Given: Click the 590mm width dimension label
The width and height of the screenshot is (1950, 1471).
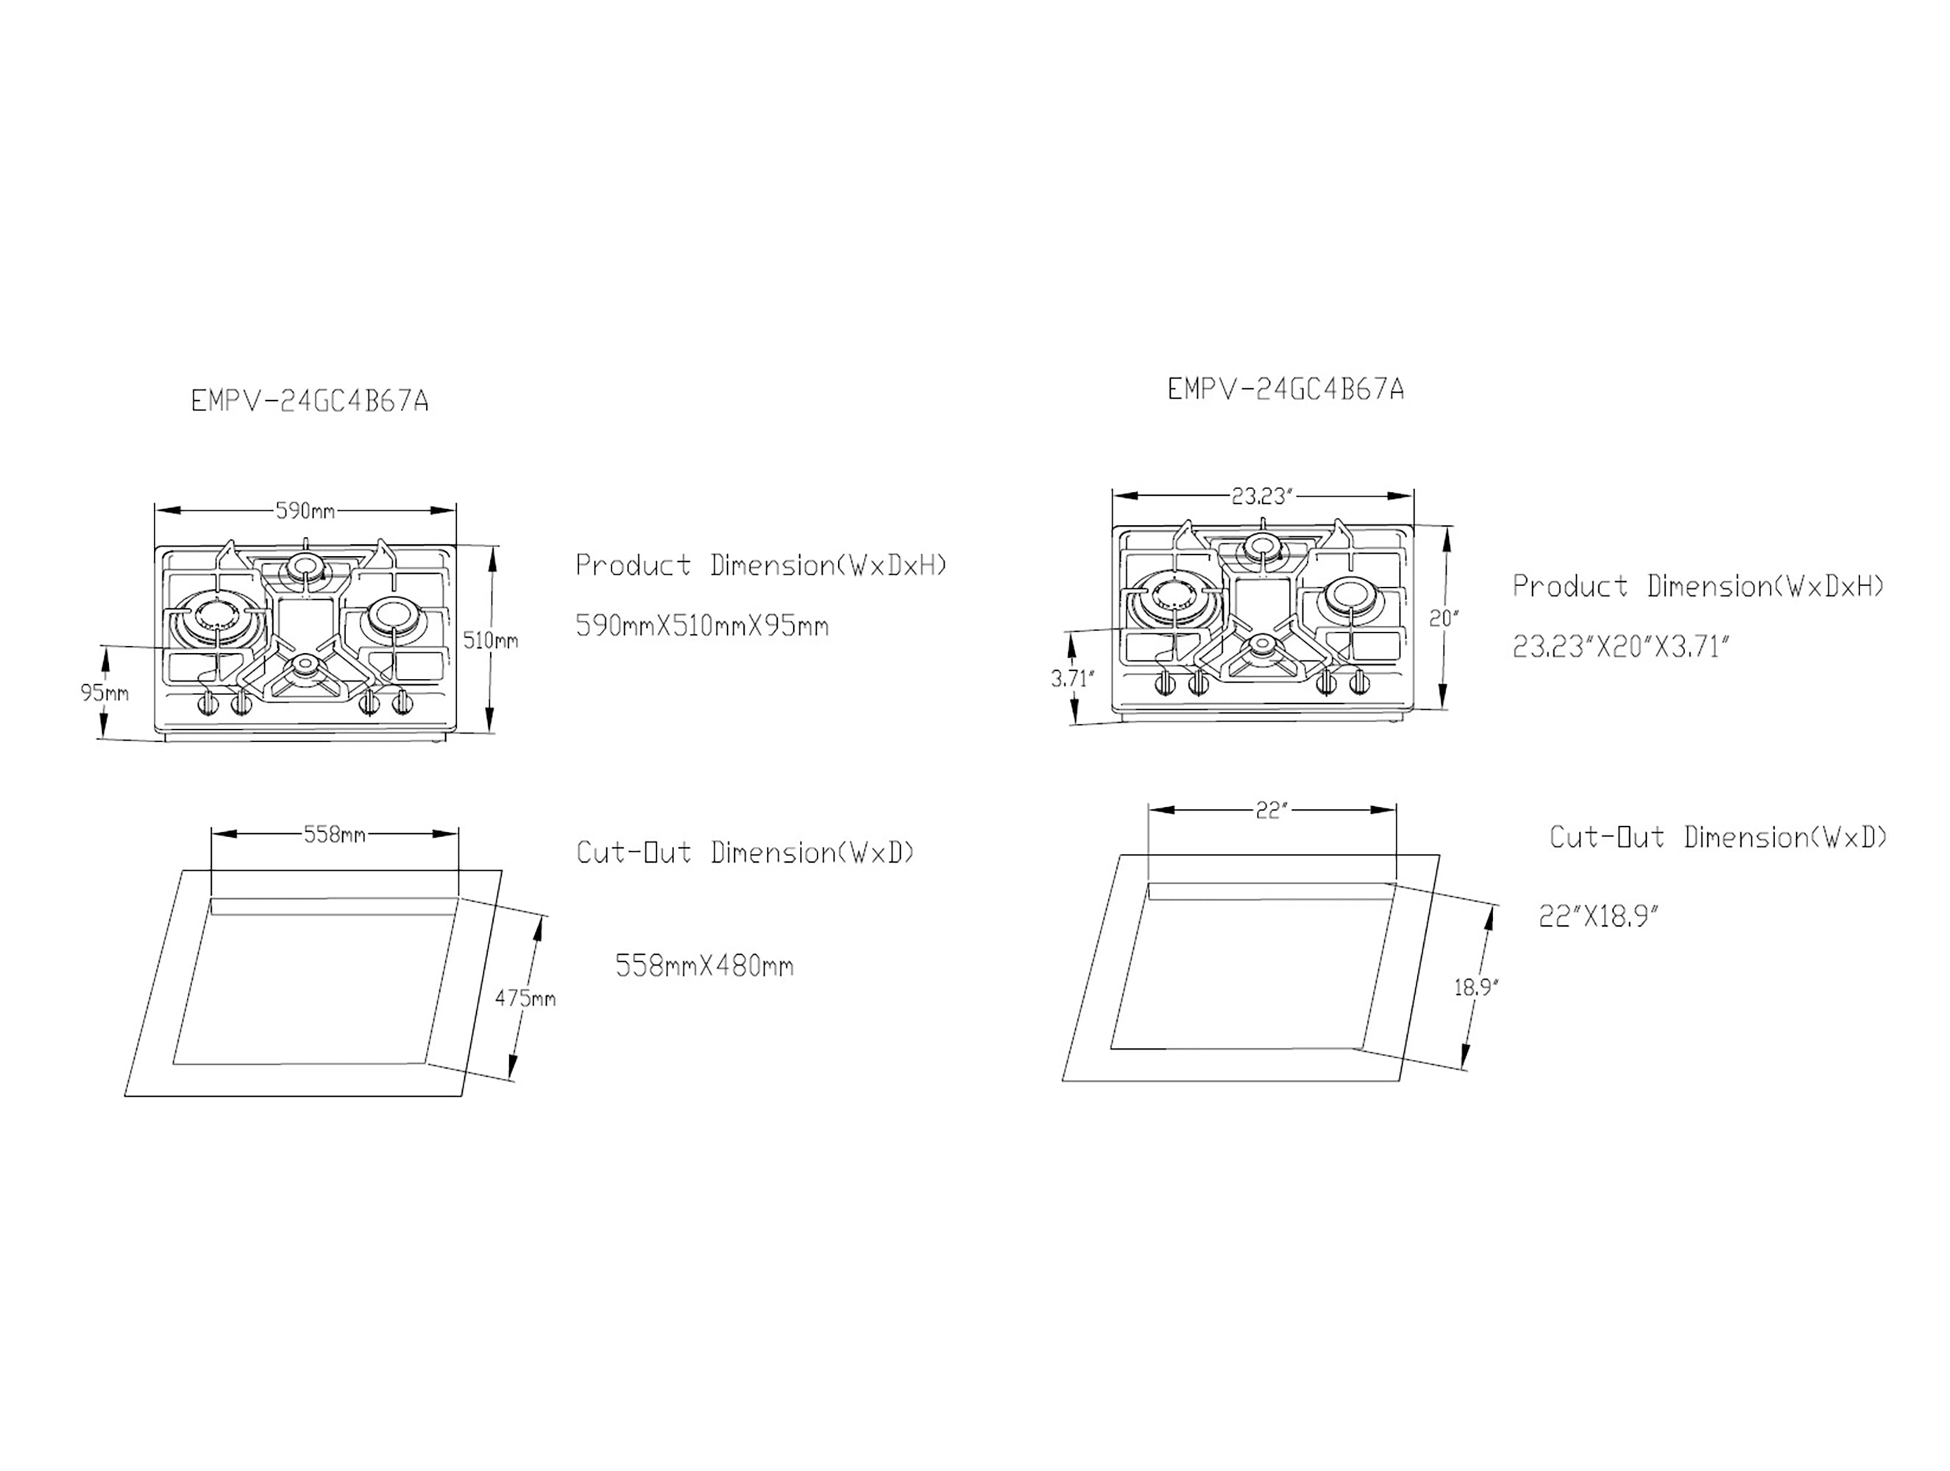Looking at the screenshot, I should pos(305,510).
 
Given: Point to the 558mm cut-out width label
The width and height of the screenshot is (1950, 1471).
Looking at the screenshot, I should pos(334,834).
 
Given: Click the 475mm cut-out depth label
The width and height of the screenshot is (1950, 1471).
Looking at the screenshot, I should pos(525,999).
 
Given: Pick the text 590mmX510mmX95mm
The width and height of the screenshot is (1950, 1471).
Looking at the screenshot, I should pos(702,627).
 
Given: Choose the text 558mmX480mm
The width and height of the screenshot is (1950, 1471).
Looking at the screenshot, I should pos(704,966).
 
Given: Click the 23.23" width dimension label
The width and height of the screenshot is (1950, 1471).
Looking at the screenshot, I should pos(1261,496).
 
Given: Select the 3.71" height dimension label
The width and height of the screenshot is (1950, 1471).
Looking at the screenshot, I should pos(1072,679).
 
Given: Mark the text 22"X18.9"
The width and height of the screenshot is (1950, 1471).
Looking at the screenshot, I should pos(1598,917).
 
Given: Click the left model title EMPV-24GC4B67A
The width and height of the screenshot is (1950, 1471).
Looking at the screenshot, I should pos(310,402).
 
